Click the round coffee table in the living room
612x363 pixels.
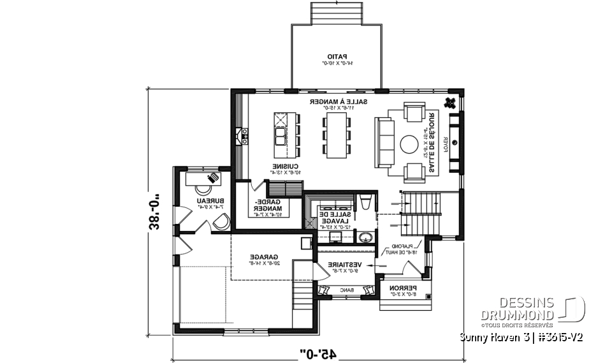click(409, 145)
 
